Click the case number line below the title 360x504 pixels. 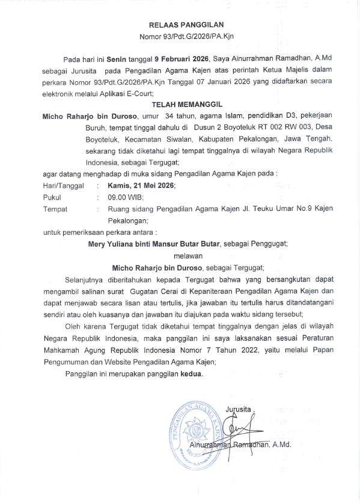(186, 37)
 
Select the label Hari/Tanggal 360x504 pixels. (64, 186)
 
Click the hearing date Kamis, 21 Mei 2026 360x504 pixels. (141, 186)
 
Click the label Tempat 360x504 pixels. (56, 209)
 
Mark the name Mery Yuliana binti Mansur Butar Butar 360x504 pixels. (154, 244)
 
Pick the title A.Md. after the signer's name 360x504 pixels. (280, 445)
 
